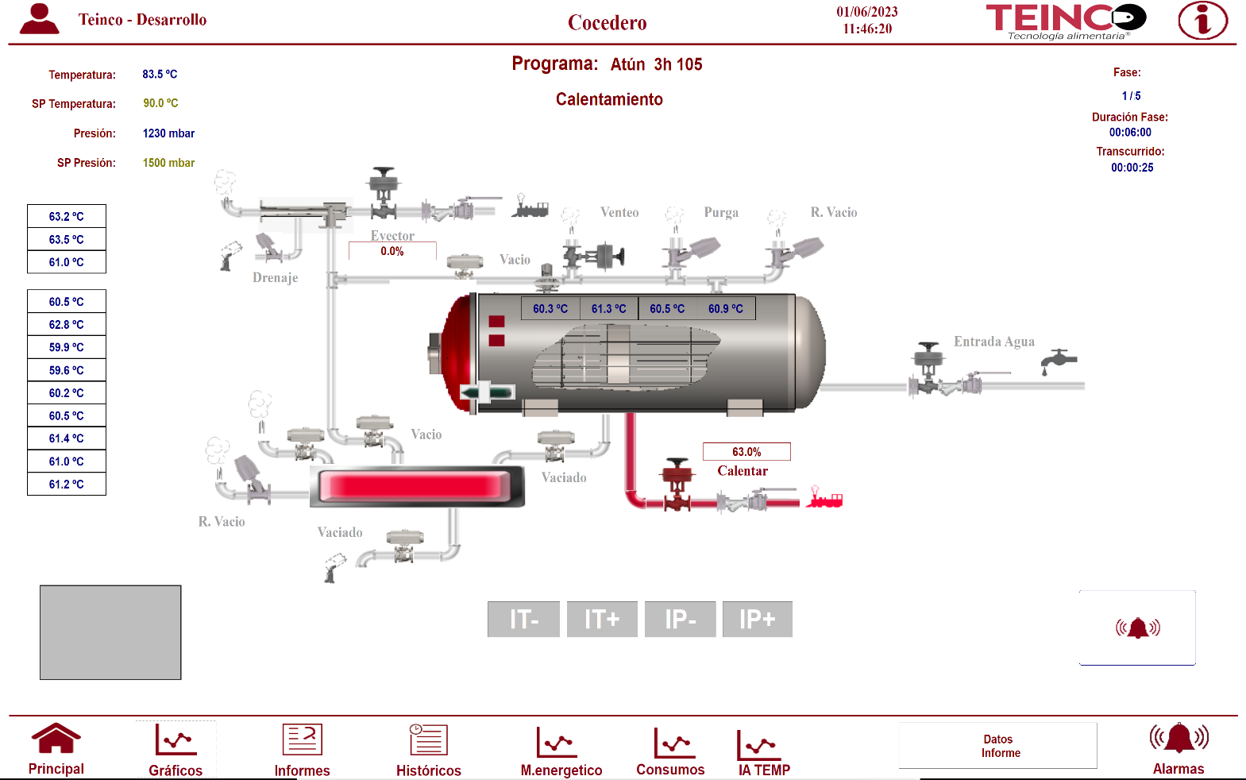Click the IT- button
tap(523, 619)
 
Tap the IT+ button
tap(602, 619)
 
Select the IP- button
tap(680, 619)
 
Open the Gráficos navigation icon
tap(176, 742)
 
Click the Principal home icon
tap(56, 739)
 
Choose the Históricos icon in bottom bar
tap(428, 741)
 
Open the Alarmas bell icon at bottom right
tap(1178, 739)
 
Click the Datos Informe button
tap(998, 746)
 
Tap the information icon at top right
tap(1202, 21)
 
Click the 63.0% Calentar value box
tap(746, 452)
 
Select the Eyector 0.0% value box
tap(392, 252)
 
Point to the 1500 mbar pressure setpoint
tap(168, 163)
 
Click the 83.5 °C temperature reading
tap(160, 74)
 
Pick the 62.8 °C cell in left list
tap(67, 324)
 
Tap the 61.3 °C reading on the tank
tap(608, 309)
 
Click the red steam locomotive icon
tap(824, 498)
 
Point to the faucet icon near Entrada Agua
tap(1058, 361)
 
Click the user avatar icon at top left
tap(39, 19)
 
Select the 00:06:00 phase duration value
tap(1129, 133)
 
